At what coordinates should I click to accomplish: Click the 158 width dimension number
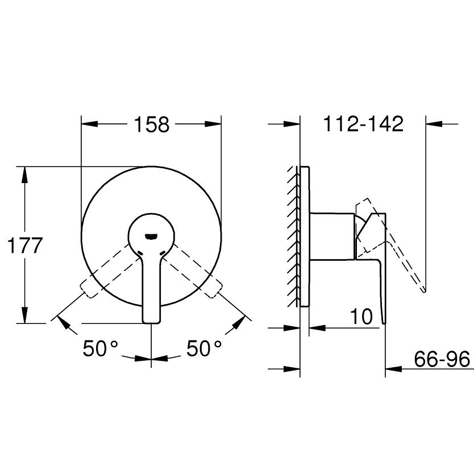152,124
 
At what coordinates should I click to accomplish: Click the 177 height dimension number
24,246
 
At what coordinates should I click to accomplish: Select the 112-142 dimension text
363,123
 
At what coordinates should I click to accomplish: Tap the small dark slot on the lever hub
151,235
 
